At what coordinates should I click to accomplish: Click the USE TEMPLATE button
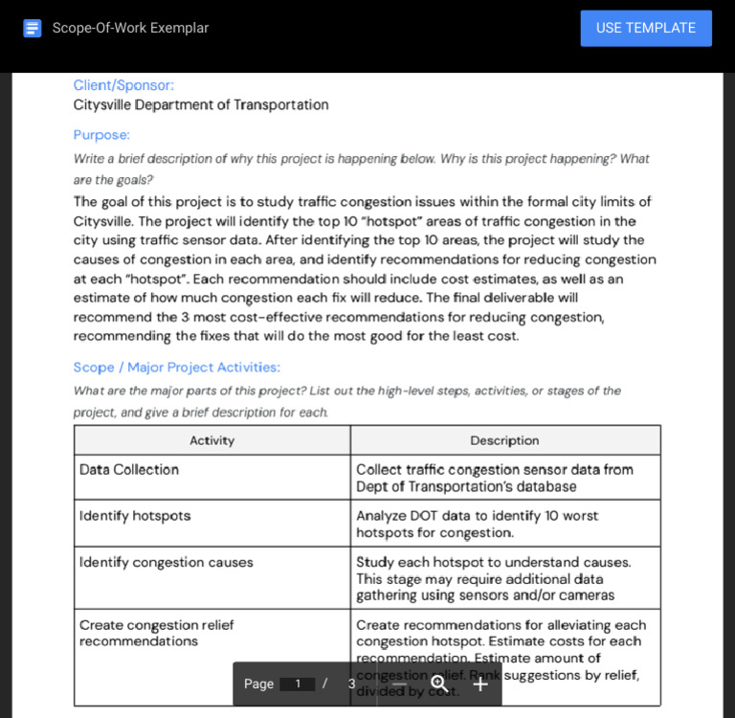[x=646, y=28]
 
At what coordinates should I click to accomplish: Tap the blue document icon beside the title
[x=33, y=28]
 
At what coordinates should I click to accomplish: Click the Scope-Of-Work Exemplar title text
[x=130, y=28]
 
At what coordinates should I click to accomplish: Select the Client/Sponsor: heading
[x=123, y=85]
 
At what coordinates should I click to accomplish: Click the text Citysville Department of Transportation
[x=201, y=105]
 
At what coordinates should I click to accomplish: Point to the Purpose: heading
[x=101, y=135]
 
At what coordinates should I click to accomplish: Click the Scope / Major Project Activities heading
[x=177, y=368]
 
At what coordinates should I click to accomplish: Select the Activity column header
[x=212, y=440]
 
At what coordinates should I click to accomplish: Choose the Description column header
[x=504, y=440]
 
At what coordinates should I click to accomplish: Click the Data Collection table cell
[x=129, y=470]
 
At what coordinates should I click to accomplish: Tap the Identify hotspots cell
[x=135, y=516]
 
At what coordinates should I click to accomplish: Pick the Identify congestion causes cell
[x=167, y=563]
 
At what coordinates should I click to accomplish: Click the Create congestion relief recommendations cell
[x=157, y=633]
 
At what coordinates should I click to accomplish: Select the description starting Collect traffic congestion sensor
[x=495, y=478]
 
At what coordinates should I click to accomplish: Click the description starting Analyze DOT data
[x=478, y=524]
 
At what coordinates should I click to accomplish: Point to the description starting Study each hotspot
[x=493, y=578]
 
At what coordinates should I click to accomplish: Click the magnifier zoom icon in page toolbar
[x=439, y=684]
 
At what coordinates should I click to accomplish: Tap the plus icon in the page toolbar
[x=480, y=684]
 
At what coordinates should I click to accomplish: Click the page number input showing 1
[x=298, y=684]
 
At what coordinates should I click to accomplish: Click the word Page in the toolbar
[x=258, y=684]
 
